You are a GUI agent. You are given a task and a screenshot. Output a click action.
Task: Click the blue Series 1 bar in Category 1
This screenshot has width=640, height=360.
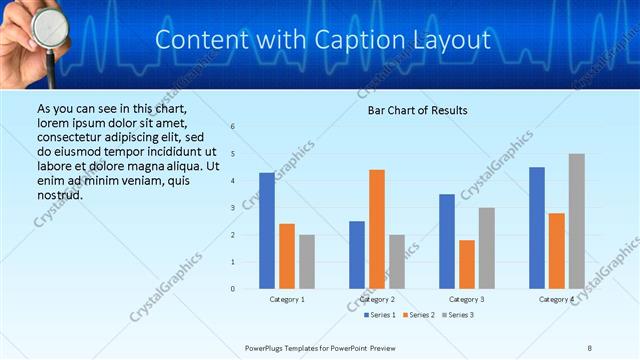267,231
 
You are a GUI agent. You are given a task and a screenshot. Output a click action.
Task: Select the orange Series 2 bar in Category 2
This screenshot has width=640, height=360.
376,229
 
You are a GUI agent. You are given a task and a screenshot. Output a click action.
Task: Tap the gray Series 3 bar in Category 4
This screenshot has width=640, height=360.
577,221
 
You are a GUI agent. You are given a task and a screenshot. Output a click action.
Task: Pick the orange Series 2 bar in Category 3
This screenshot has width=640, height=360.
466,264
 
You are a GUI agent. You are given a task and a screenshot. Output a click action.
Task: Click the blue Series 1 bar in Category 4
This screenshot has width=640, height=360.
537,228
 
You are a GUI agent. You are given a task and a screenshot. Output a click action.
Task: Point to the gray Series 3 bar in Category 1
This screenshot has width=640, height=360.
306,262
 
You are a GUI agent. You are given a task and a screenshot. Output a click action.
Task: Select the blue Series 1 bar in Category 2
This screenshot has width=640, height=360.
357,255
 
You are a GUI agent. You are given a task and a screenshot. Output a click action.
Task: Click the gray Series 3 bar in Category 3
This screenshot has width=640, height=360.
486,248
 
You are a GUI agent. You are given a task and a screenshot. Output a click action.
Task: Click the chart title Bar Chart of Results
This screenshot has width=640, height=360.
411,110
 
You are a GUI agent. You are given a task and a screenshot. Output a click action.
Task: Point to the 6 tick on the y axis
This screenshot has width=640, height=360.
232,127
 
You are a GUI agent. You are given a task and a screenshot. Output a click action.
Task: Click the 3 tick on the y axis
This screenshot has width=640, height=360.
232,208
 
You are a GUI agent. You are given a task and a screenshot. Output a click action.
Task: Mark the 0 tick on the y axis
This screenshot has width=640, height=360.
232,289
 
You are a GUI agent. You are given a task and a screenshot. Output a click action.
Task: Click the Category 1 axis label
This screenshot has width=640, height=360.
287,299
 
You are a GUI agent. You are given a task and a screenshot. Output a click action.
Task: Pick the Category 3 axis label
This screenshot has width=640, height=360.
467,299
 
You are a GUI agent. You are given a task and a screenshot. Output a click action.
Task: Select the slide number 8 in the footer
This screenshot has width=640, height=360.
589,348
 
